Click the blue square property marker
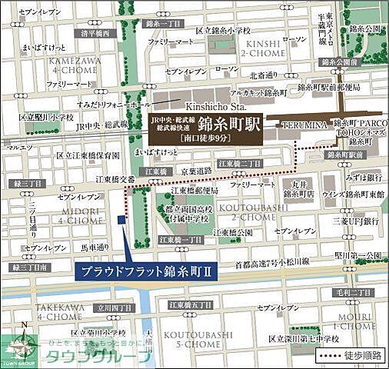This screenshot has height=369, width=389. coord(121,220)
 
